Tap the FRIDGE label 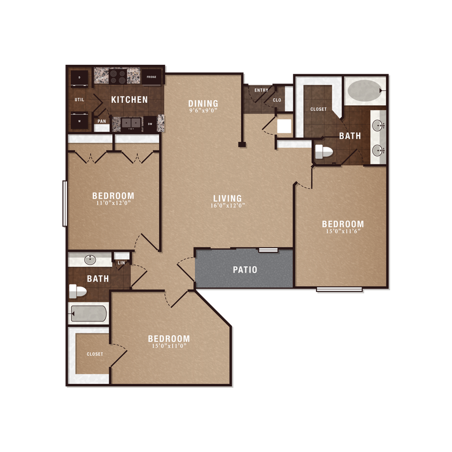[151, 77]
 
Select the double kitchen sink [129, 124]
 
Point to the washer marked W [80, 121]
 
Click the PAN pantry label [101, 122]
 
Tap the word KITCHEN [129, 100]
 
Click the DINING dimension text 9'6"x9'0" [203, 111]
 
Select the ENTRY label [261, 90]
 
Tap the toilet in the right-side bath [323, 152]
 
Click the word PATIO [245, 269]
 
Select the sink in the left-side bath [90, 260]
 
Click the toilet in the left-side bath [78, 291]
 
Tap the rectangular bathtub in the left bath [89, 314]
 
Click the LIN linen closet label [121, 262]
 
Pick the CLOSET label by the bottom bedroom [95, 354]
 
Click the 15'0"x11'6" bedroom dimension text [343, 231]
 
